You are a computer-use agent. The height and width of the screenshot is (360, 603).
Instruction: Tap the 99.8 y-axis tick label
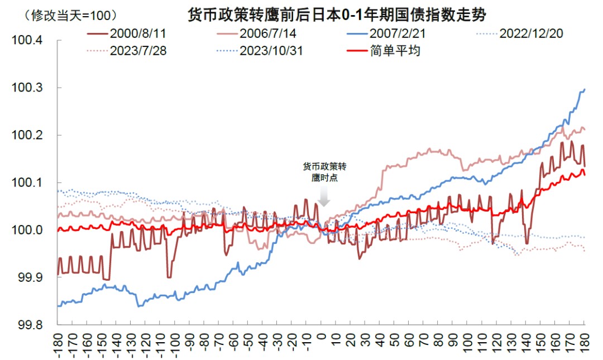pyautogui.click(x=29, y=324)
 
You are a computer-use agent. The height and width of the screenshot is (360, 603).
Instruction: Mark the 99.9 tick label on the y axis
pyautogui.click(x=29, y=277)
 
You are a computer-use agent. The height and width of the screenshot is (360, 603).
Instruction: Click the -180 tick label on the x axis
pyautogui.click(x=59, y=344)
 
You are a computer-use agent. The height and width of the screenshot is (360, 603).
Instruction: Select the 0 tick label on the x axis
pyautogui.click(x=322, y=339)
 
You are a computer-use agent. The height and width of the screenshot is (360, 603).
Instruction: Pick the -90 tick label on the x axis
pyautogui.click(x=190, y=343)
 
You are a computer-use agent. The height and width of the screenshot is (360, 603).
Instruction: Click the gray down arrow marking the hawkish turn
pyautogui.click(x=324, y=198)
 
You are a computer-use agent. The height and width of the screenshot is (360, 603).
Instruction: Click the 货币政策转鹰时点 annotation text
pyautogui.click(x=324, y=172)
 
